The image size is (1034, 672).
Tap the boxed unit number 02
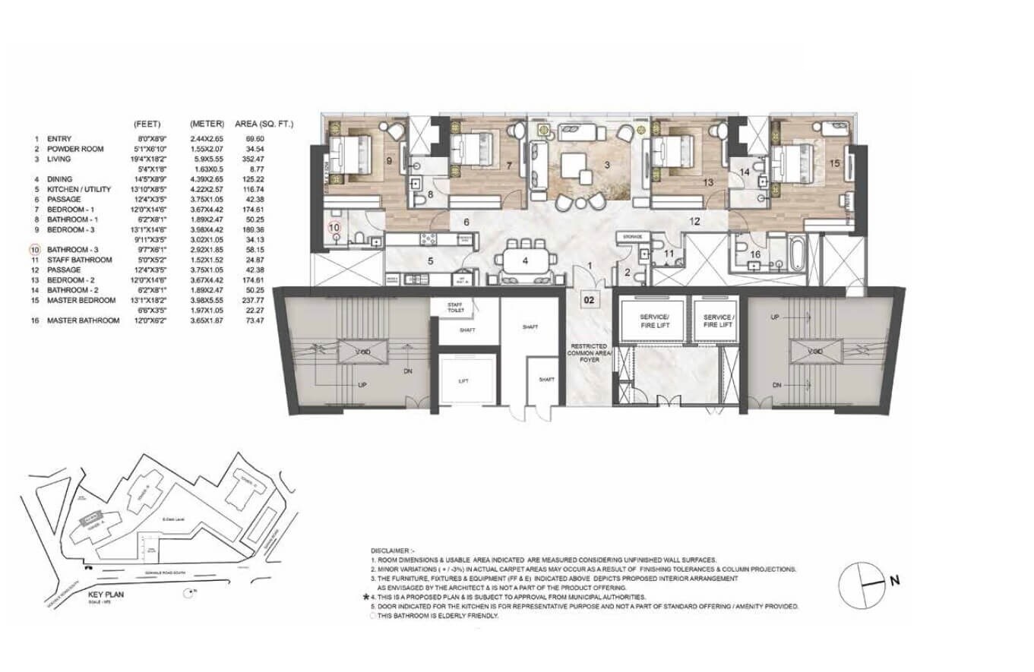coord(589,300)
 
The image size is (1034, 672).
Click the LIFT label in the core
coord(463,381)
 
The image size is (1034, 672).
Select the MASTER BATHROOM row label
coord(83,320)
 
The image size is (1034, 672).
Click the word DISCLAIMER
coord(393,549)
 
